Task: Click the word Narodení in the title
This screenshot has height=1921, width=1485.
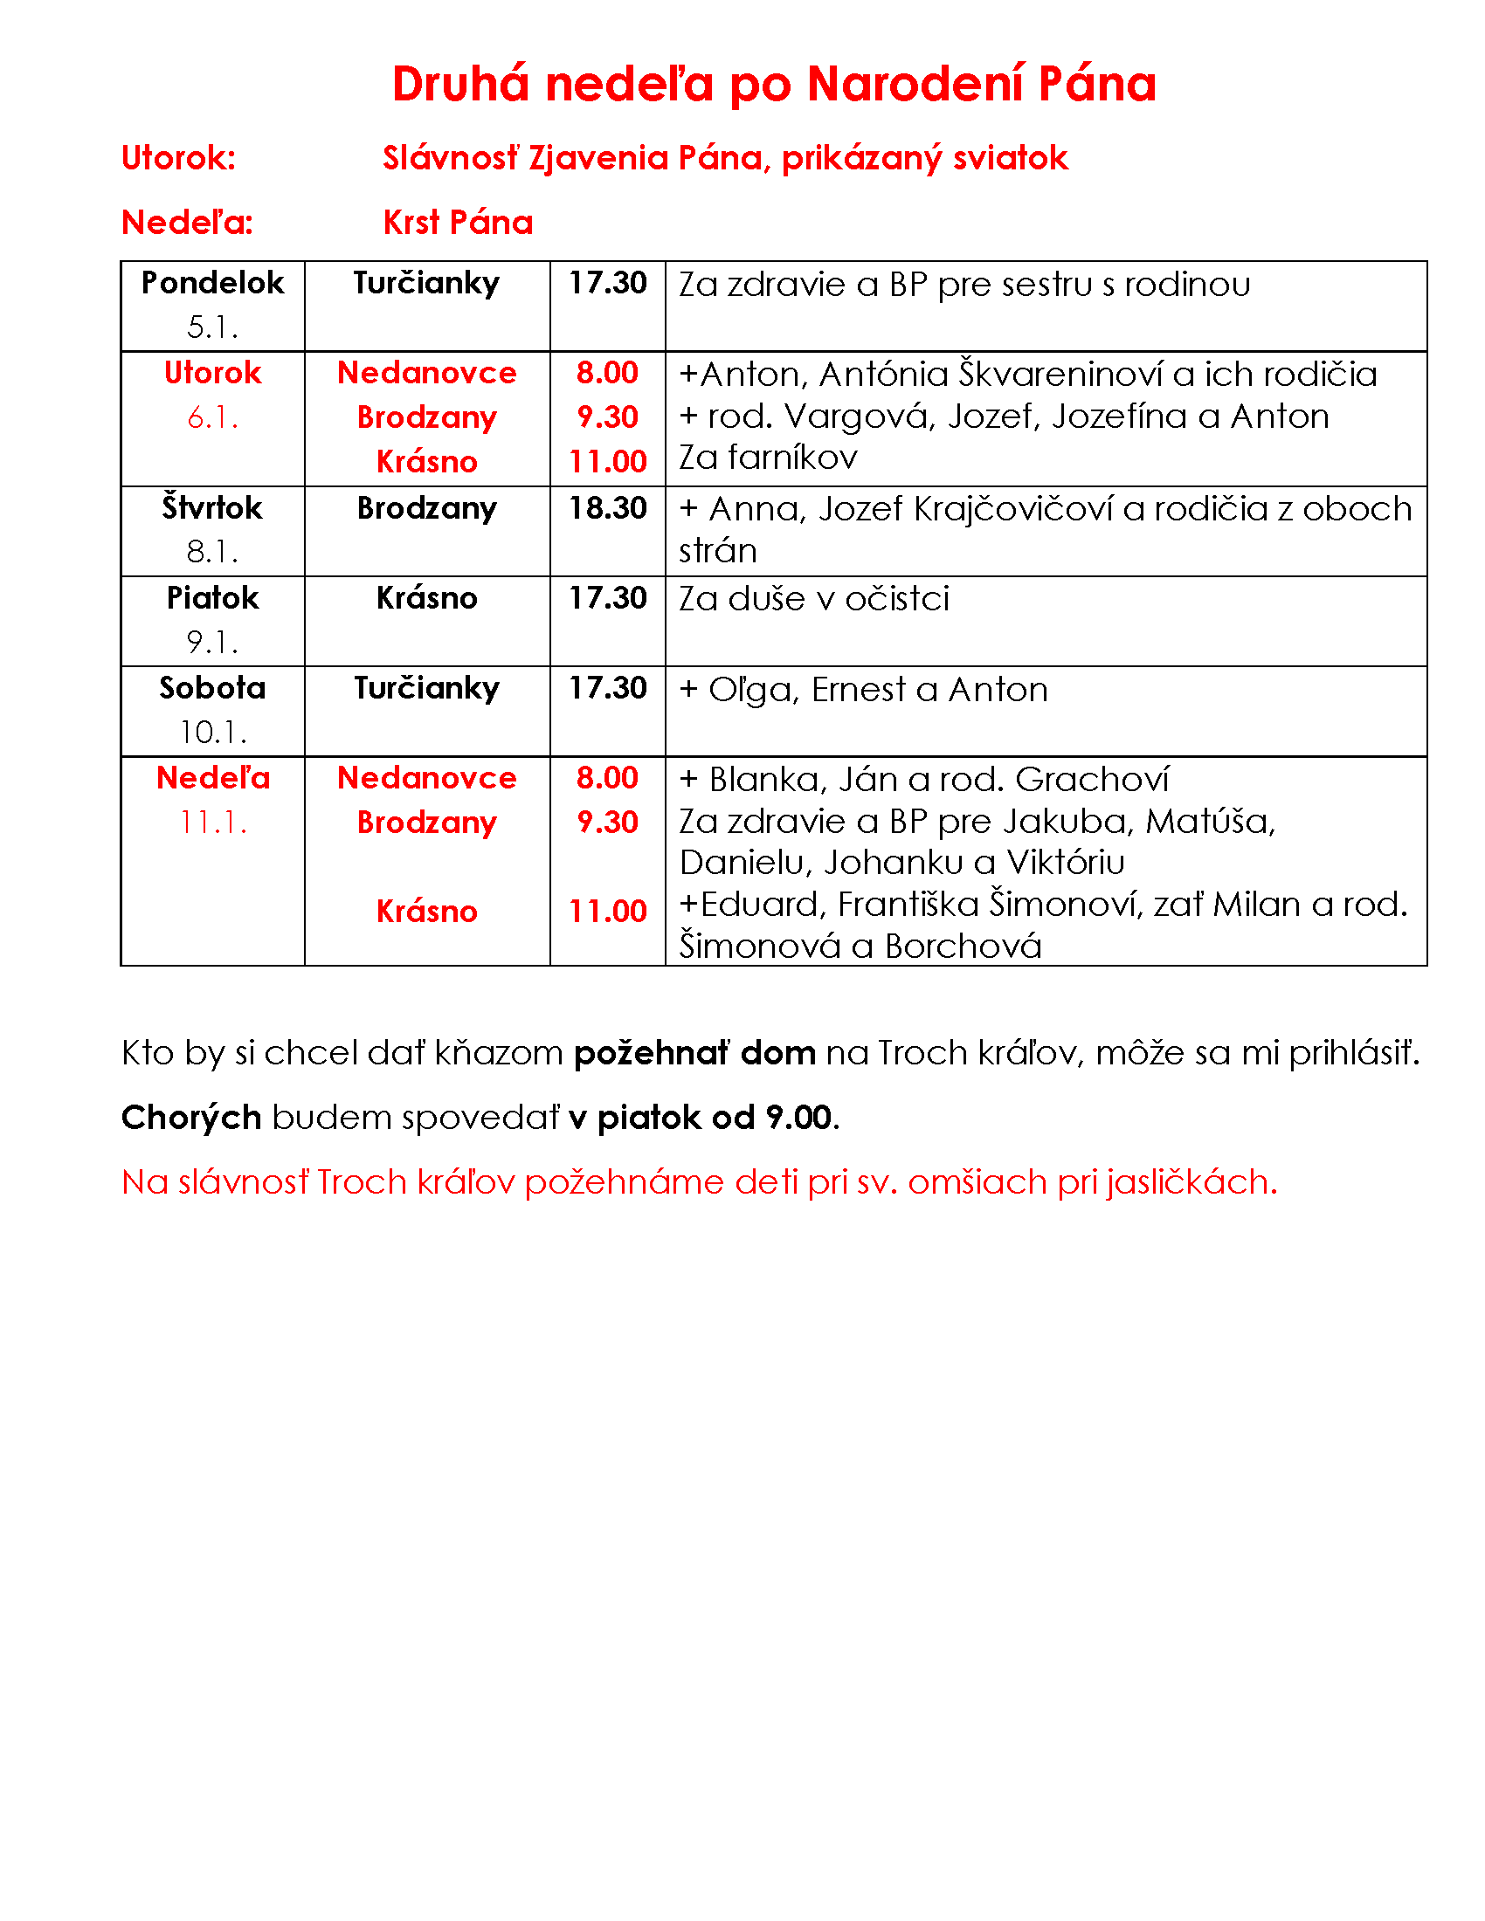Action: pyautogui.click(x=915, y=85)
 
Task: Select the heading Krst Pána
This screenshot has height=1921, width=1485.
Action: pyautogui.click(x=458, y=223)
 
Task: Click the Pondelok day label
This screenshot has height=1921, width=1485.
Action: pyautogui.click(x=213, y=283)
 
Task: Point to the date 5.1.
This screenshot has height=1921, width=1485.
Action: pyautogui.click(x=213, y=327)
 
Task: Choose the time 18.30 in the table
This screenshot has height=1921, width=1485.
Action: pyautogui.click(x=607, y=508)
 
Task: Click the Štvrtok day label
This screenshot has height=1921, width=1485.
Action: pyautogui.click(x=213, y=508)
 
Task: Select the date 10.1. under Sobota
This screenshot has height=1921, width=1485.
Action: pyautogui.click(x=213, y=732)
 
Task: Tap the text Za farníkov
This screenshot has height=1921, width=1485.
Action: pyautogui.click(x=767, y=458)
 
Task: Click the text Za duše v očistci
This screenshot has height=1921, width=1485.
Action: pyautogui.click(x=814, y=599)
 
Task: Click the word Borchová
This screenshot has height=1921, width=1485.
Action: pyautogui.click(x=964, y=947)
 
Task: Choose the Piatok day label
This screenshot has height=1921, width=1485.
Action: pyautogui.click(x=213, y=598)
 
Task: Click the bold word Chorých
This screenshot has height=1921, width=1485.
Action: pyautogui.click(x=191, y=1118)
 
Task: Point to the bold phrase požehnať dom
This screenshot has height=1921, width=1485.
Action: pyautogui.click(x=694, y=1053)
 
